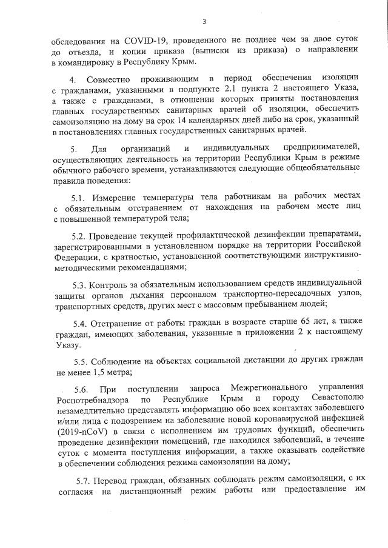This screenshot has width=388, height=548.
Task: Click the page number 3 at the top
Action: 204,22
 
